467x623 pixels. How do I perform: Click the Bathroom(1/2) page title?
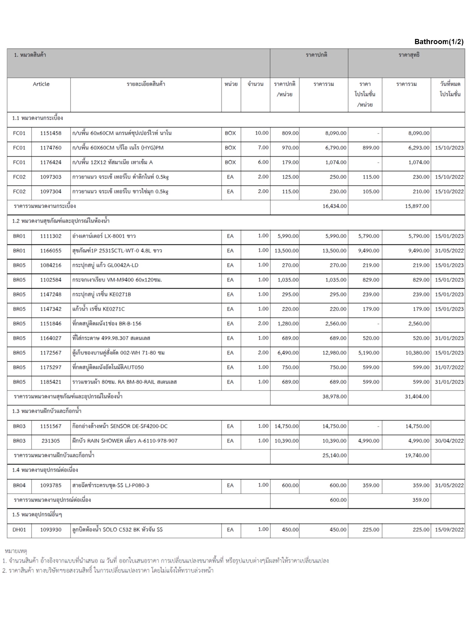(x=439, y=42)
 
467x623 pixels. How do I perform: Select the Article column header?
(x=41, y=84)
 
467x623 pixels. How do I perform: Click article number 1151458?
(x=51, y=133)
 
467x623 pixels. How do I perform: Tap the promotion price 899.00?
(x=371, y=148)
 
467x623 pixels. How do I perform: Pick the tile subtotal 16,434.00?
(x=334, y=206)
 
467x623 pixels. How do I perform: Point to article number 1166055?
(x=51, y=251)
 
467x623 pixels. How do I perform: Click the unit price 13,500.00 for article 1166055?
(x=286, y=251)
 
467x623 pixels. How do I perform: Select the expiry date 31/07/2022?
(x=449, y=367)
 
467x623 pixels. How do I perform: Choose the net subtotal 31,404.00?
(x=417, y=396)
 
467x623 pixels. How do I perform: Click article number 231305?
(x=51, y=440)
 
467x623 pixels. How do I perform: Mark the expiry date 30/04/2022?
(x=449, y=440)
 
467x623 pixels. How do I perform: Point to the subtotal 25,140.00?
(x=334, y=455)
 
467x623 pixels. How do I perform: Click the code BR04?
(x=19, y=485)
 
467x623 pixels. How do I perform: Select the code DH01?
(x=19, y=530)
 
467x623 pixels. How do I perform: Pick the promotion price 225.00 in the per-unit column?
(x=371, y=530)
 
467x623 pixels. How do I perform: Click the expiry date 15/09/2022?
(x=449, y=530)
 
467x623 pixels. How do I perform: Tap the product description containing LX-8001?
(x=104, y=236)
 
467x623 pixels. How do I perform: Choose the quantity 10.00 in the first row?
(x=262, y=133)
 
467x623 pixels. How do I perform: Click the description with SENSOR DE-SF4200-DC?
(x=120, y=426)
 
